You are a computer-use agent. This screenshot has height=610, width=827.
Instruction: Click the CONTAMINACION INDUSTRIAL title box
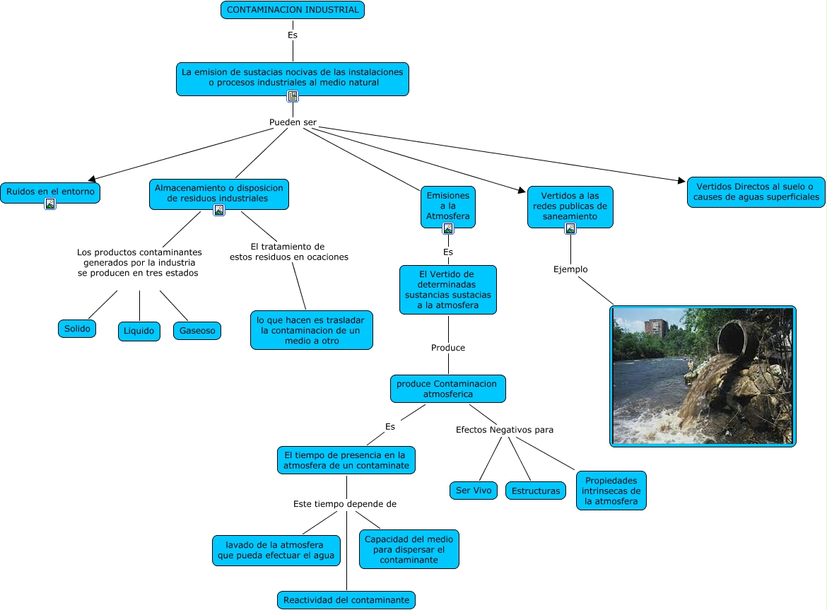click(293, 10)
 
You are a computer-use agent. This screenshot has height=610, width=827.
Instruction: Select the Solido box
click(77, 329)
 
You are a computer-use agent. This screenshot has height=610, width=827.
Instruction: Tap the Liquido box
click(139, 332)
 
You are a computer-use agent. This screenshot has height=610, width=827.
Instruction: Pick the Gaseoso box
click(197, 330)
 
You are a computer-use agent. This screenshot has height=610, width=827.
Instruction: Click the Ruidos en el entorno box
click(49, 192)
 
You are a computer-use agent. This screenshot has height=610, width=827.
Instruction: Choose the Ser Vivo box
click(473, 490)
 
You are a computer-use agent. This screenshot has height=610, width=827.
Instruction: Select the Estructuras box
click(536, 491)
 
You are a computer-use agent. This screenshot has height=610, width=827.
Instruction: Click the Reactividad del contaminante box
click(346, 600)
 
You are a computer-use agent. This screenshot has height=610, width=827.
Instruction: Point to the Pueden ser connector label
click(293, 122)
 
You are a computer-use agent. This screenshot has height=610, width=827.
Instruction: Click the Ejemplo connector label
click(570, 269)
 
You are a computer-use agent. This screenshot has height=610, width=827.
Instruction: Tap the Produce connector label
click(448, 348)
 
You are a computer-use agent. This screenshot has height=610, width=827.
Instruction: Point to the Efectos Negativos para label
click(505, 429)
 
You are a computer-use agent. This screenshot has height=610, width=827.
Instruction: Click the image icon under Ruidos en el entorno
click(50, 204)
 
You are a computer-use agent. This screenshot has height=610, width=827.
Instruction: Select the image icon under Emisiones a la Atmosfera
click(448, 228)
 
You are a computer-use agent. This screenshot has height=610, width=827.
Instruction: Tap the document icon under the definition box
click(293, 96)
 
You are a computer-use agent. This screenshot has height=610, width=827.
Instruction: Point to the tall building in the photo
click(657, 329)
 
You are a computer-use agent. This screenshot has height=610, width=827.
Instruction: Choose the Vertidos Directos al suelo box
click(756, 192)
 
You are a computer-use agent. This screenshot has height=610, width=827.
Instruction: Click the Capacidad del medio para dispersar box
click(409, 549)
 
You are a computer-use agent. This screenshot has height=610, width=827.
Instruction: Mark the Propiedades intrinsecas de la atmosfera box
click(611, 491)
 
